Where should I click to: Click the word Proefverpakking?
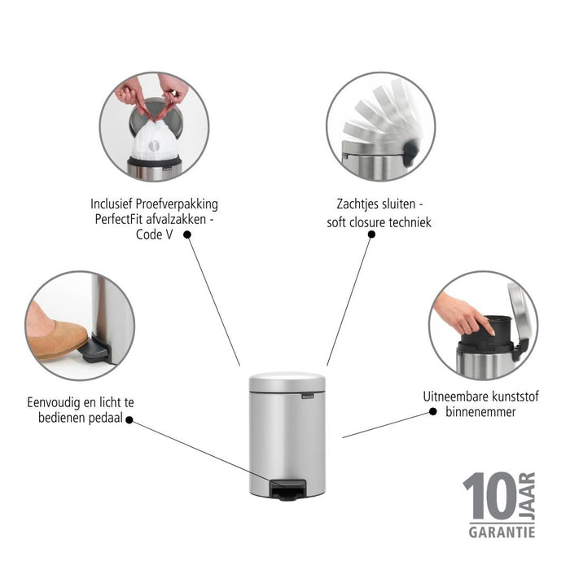coord(177,204)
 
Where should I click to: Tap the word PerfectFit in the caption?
coord(119,220)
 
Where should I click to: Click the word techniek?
coord(410,222)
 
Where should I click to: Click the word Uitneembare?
coord(450,397)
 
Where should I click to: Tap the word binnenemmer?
coord(480,412)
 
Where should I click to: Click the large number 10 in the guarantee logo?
coord(489,496)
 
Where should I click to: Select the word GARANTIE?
coord(502,533)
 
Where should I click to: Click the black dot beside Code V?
coord(187,235)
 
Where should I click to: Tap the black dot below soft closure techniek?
coord(371,235)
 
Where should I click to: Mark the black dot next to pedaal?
coord(129,420)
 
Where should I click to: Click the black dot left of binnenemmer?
coord(433,411)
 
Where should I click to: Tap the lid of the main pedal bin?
coord(287,382)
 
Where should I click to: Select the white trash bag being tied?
coord(156,139)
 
